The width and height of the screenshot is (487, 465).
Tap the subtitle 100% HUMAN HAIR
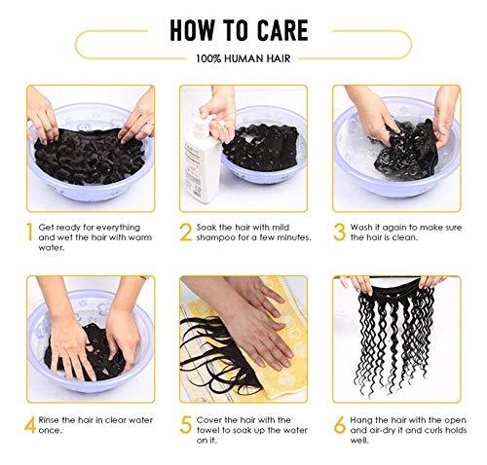[243, 60]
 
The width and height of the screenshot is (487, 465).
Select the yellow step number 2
[185, 233]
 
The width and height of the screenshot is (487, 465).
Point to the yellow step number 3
[341, 233]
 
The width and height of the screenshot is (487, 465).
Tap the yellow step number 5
[185, 425]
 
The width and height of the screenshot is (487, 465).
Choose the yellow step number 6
[341, 425]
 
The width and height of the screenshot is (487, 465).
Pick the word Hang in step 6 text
[368, 420]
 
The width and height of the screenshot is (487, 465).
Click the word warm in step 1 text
[141, 238]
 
